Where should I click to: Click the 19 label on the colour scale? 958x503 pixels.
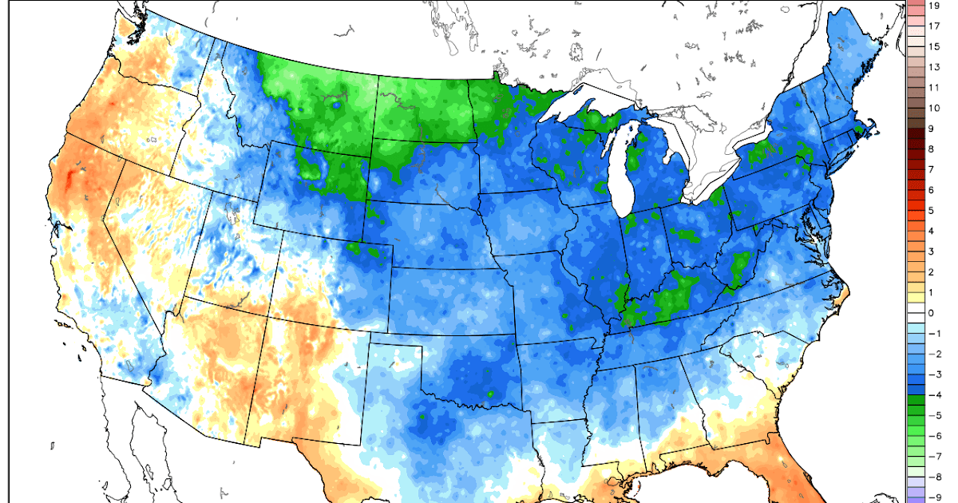[x=934, y=6]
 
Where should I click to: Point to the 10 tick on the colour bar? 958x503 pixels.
[x=934, y=108]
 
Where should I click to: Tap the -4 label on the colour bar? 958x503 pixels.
[x=934, y=395]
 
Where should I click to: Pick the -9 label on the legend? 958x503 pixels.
[x=934, y=497]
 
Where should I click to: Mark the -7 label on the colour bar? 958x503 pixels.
[x=934, y=457]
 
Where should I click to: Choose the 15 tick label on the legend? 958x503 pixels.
[x=934, y=46]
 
